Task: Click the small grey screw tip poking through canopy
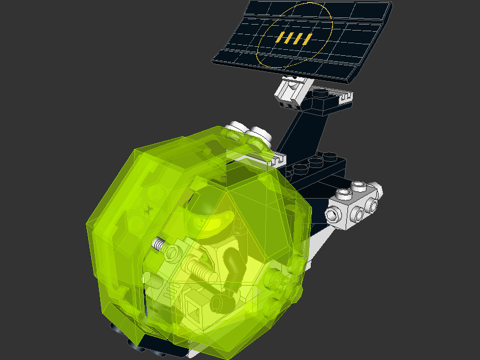tap(158, 244)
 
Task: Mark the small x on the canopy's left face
tap(148, 209)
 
